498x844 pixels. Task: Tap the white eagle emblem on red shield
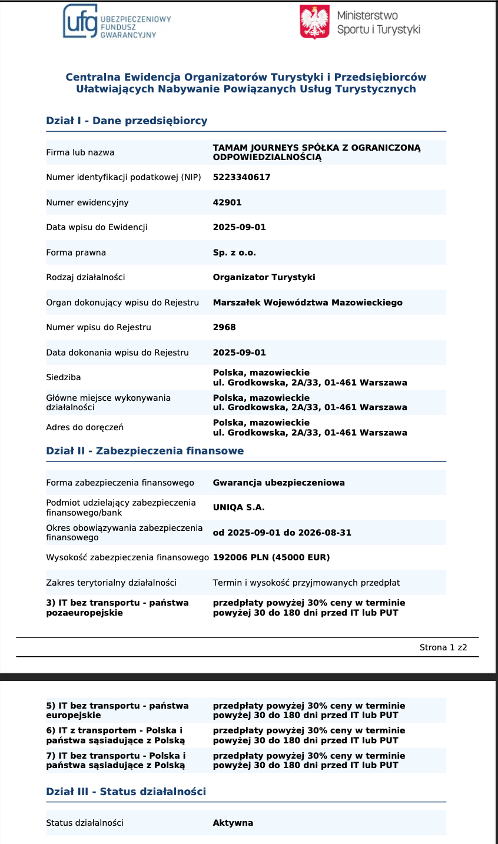click(314, 22)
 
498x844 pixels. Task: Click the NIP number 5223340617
click(241, 177)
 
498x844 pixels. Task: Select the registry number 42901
click(227, 202)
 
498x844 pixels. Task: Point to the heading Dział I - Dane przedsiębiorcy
click(127, 121)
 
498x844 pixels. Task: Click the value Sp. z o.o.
click(234, 252)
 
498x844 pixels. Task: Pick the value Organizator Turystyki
click(264, 277)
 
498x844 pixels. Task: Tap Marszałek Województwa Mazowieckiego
click(307, 303)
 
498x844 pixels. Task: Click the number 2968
click(224, 327)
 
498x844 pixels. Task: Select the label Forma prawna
click(76, 252)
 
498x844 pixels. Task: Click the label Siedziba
click(64, 377)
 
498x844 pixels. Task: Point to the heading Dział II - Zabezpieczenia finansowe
click(145, 451)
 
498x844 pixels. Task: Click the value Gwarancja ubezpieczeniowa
click(278, 483)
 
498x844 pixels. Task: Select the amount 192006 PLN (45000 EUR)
click(271, 557)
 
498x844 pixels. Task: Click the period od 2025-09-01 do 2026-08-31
click(282, 533)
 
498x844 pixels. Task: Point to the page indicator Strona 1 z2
click(443, 647)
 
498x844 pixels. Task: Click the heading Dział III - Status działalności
click(126, 792)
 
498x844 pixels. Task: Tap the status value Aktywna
click(233, 823)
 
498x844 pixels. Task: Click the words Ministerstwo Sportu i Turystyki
click(379, 22)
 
